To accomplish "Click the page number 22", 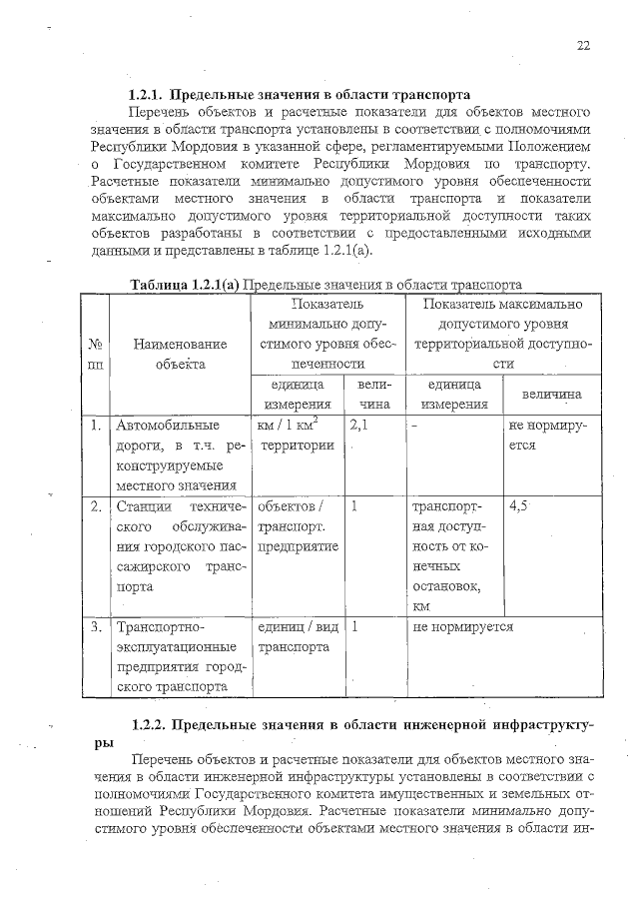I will [x=583, y=45].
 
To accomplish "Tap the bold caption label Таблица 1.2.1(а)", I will [x=185, y=285].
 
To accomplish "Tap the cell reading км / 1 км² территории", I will [x=295, y=437].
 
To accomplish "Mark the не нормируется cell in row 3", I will [x=461, y=627].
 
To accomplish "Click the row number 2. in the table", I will [x=94, y=506].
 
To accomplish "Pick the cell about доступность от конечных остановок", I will [x=453, y=556].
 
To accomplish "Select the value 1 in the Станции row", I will [x=354, y=506].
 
